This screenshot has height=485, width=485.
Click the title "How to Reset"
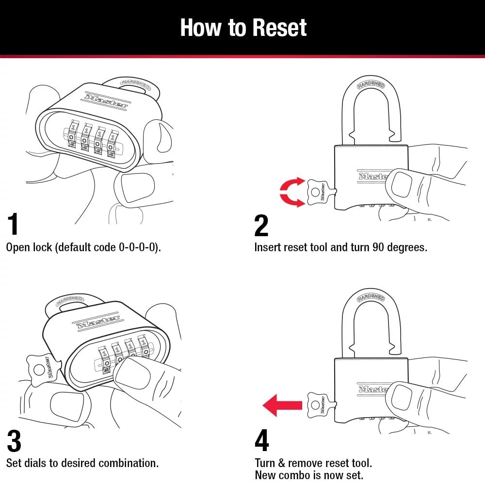click(243, 28)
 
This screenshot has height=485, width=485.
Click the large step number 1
click(13, 225)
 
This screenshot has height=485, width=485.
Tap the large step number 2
click(261, 225)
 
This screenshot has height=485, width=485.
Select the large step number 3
click(14, 441)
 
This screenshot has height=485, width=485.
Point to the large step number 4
click(261, 441)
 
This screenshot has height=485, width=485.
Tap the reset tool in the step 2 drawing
click(318, 193)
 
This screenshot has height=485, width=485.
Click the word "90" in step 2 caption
click(379, 247)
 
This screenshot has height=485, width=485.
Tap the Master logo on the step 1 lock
click(106, 100)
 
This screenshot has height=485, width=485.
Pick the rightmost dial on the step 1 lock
click(113, 142)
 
